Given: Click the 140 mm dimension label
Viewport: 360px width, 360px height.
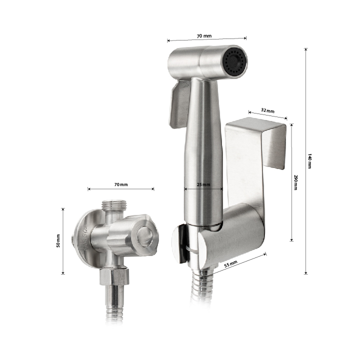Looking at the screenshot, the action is [309, 161].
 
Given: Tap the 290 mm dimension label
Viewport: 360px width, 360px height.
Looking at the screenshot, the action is [295, 182].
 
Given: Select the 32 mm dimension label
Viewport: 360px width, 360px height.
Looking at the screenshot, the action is [267, 110].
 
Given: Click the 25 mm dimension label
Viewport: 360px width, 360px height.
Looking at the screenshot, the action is [203, 184].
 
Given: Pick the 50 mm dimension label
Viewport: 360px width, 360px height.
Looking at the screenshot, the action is [58, 241].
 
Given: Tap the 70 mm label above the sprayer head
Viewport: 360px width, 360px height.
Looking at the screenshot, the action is [204, 36].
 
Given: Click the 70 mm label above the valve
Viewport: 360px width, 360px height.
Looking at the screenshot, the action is [121, 184].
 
